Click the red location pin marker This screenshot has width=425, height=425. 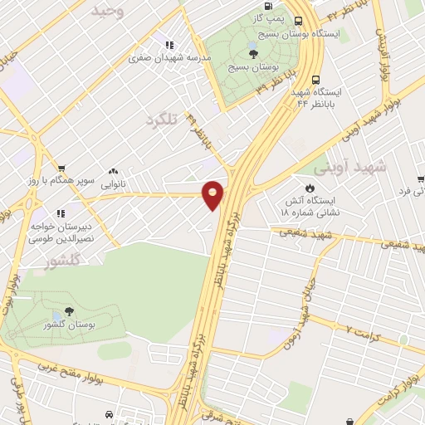pyautogui.click(x=213, y=194)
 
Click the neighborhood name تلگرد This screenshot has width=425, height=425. pyautogui.click(x=162, y=120)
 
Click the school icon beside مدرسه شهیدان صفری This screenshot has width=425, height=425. pyautogui.click(x=170, y=45)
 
